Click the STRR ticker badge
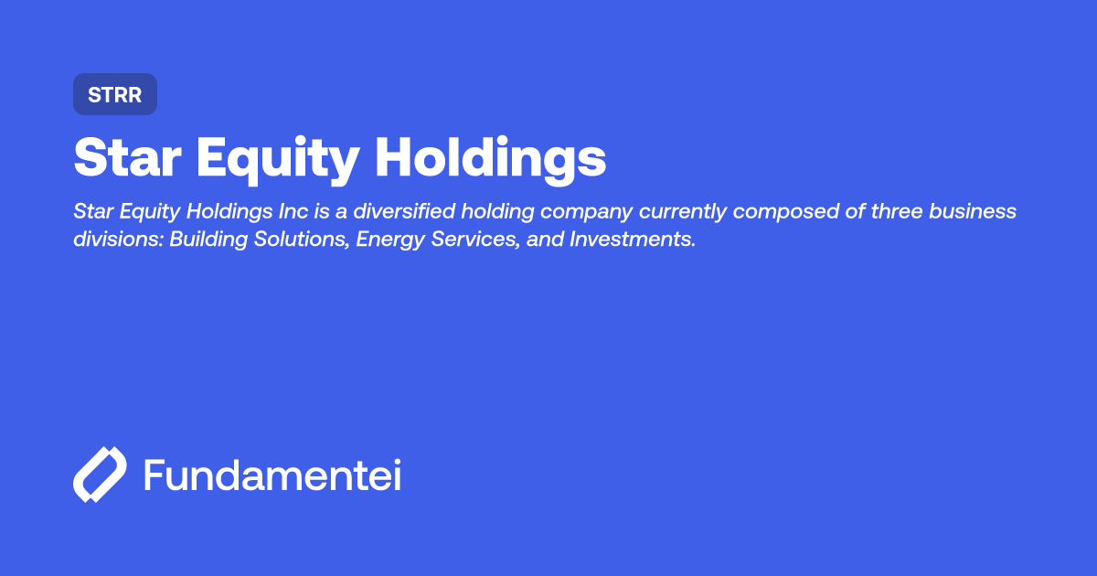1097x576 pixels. (x=115, y=94)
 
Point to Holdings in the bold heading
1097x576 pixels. (x=490, y=160)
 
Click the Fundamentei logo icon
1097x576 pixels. (x=99, y=475)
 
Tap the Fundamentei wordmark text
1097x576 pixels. (x=272, y=475)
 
